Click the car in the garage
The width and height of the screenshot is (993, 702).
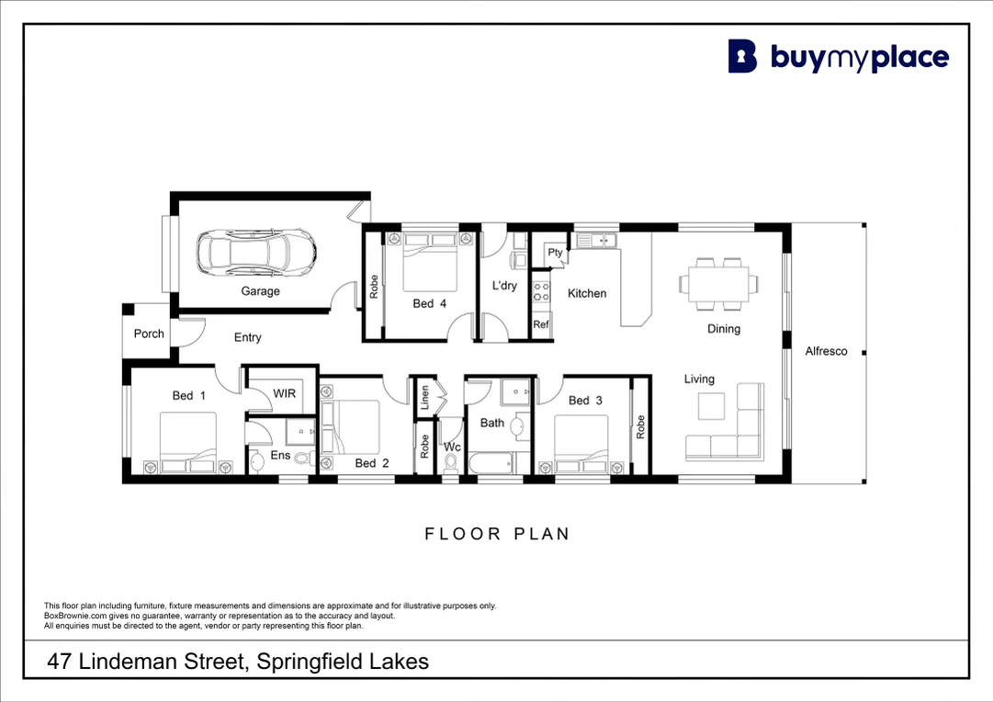pos(256,252)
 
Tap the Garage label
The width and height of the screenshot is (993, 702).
pos(260,290)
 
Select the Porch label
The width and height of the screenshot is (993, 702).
pos(149,334)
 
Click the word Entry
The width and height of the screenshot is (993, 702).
pos(248,337)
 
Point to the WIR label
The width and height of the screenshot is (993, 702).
pos(285,393)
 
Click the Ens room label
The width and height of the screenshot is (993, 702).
pos(280,455)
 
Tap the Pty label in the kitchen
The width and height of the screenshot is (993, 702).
pos(556,252)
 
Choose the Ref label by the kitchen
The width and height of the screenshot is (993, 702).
pos(541,324)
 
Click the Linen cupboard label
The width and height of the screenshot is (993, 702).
pos(425,397)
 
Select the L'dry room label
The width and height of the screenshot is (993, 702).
pos(504,286)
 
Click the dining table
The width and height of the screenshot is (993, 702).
pos(718,283)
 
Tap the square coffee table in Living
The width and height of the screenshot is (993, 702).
pos(711,406)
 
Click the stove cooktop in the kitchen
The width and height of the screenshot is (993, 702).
pos(541,291)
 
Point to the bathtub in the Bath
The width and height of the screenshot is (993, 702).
pos(491,464)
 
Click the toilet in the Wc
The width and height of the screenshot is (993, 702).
pos(451,464)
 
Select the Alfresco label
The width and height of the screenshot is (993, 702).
pos(826,351)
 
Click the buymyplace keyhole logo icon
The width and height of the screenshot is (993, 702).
pos(742,56)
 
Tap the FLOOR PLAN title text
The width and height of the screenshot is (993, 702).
pos(497,534)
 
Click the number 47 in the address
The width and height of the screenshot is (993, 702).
pos(60,662)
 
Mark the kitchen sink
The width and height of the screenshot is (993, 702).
pos(596,240)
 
